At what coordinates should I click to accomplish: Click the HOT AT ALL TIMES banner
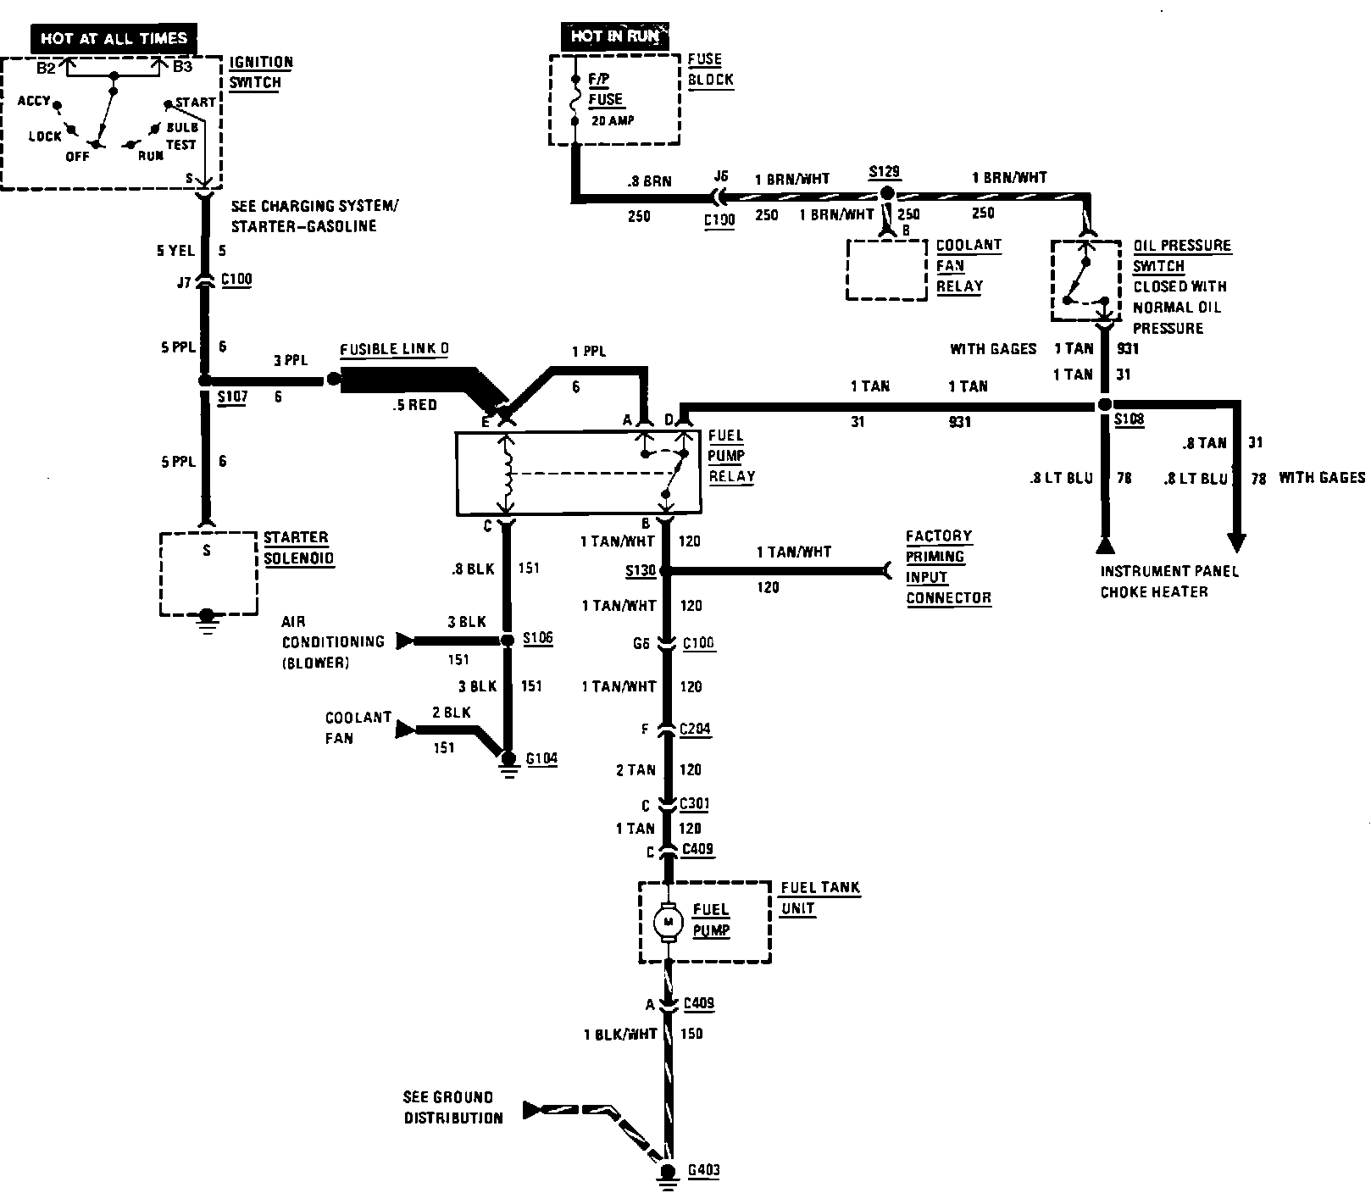pyautogui.click(x=114, y=39)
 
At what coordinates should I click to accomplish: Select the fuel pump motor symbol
pyautogui.click(x=669, y=921)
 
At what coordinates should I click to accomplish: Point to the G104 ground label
pyautogui.click(x=541, y=758)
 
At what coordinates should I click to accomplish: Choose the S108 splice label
pyautogui.click(x=1129, y=419)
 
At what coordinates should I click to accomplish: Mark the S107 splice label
pyautogui.click(x=232, y=396)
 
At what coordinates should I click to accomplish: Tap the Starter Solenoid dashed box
pyautogui.click(x=208, y=574)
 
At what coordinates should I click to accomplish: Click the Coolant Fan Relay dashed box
pyautogui.click(x=886, y=269)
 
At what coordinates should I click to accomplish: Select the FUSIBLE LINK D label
pyautogui.click(x=394, y=350)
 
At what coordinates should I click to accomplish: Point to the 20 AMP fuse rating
pyautogui.click(x=613, y=120)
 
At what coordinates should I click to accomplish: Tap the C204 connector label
pyautogui.click(x=696, y=729)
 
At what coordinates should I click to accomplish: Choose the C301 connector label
pyautogui.click(x=696, y=804)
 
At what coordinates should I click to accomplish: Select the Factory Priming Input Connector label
pyautogui.click(x=947, y=567)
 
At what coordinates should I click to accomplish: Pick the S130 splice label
pyautogui.click(x=641, y=571)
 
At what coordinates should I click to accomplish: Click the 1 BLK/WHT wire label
pyautogui.click(x=619, y=1034)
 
